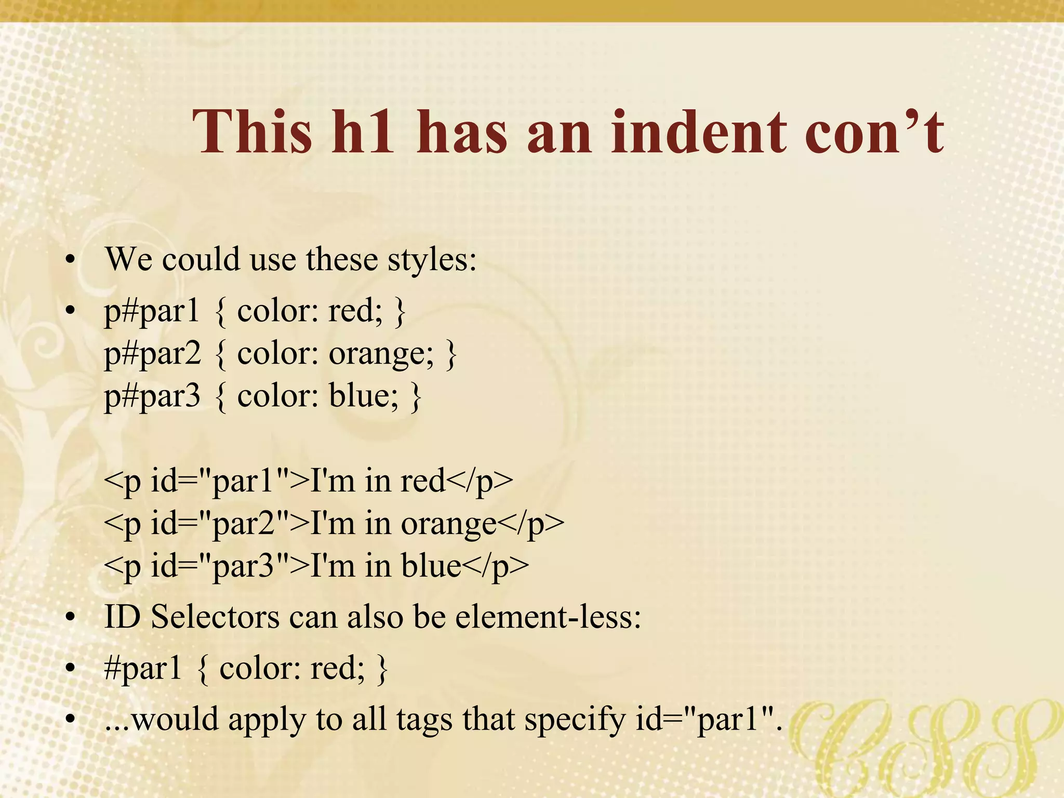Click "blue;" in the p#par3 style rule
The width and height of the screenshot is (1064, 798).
pos(364,396)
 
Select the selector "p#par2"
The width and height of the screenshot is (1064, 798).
pos(152,355)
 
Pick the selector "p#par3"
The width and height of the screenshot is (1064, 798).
pos(152,396)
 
